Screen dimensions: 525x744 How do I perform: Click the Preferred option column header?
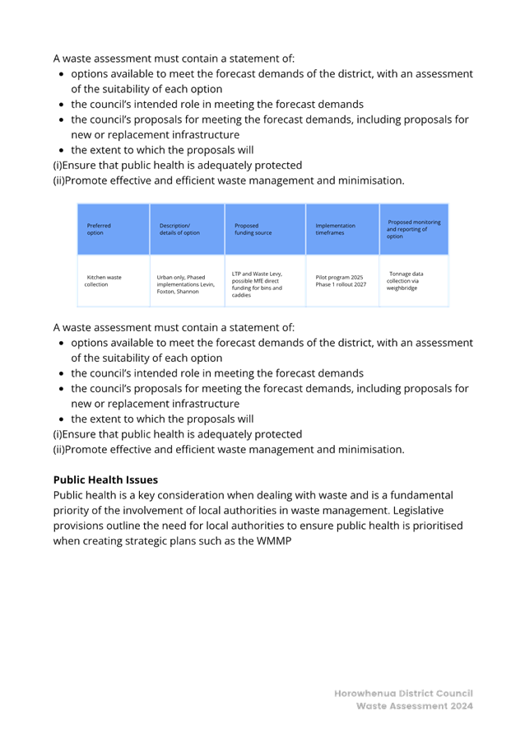click(x=99, y=229)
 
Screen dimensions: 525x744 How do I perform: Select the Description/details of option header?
click(x=179, y=229)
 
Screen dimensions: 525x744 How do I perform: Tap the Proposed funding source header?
click(x=253, y=229)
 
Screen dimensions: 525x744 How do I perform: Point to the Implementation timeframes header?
click(x=335, y=229)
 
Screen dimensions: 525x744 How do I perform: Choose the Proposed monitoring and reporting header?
click(x=413, y=229)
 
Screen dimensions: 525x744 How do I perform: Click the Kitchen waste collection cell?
click(x=103, y=281)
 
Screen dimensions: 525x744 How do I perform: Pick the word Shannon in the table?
click(x=188, y=292)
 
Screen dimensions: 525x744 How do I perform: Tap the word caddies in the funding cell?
click(x=241, y=295)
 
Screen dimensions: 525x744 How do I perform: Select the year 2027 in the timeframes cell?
click(x=360, y=284)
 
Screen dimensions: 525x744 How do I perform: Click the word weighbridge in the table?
click(x=402, y=288)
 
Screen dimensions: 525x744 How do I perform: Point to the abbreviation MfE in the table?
click(x=255, y=281)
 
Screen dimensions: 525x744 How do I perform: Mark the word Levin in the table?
click(x=207, y=284)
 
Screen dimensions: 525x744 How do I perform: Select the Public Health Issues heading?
click(x=105, y=480)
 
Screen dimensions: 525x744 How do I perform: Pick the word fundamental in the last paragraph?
click(x=421, y=495)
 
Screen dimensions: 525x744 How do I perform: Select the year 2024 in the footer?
click(x=462, y=706)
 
